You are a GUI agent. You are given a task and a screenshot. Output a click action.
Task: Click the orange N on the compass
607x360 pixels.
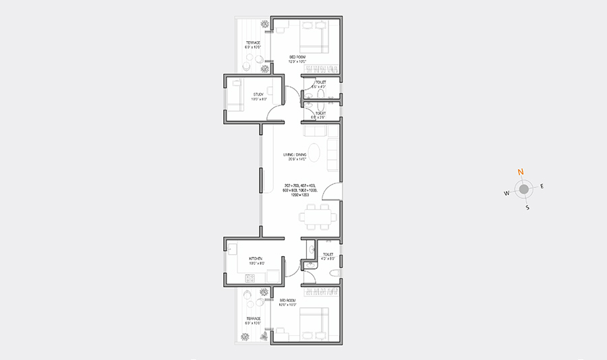pyautogui.click(x=520, y=173)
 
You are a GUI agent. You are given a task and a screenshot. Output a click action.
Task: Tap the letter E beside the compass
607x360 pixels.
pyautogui.click(x=542, y=186)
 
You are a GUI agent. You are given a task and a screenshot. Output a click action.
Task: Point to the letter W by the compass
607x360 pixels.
pyautogui.click(x=506, y=193)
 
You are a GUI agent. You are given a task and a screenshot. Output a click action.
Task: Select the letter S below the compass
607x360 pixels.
pyautogui.click(x=527, y=208)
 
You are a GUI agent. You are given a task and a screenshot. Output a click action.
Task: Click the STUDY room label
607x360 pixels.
pyautogui.click(x=259, y=94)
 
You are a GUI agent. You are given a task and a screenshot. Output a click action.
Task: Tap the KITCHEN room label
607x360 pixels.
pyautogui.click(x=256, y=259)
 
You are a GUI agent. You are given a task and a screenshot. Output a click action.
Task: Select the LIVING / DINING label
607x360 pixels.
pyautogui.click(x=295, y=156)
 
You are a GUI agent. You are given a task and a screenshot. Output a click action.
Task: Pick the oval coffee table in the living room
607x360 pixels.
pyautogui.click(x=314, y=152)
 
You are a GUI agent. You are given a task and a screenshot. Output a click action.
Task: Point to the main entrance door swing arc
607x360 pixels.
pyautogui.click(x=330, y=192)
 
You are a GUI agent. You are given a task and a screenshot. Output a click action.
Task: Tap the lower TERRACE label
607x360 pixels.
pyautogui.click(x=253, y=318)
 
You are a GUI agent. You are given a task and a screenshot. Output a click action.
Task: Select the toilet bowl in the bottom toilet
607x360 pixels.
pyautogui.click(x=333, y=273)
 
